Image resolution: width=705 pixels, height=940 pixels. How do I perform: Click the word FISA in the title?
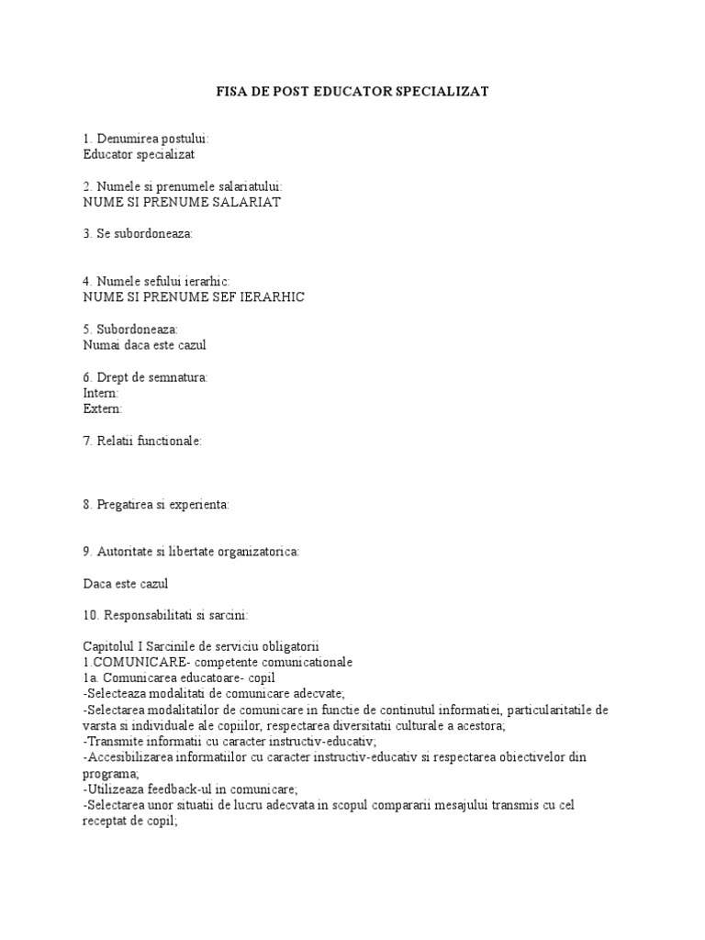click(x=231, y=92)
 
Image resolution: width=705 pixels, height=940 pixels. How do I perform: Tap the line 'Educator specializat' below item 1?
click(x=139, y=154)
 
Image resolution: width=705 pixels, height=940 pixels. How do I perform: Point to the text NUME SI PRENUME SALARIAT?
click(x=182, y=202)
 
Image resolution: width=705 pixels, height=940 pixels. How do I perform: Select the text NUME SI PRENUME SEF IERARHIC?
click(x=194, y=297)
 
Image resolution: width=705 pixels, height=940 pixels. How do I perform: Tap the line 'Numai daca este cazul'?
click(x=145, y=345)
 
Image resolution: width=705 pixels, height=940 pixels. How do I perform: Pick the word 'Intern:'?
click(x=101, y=393)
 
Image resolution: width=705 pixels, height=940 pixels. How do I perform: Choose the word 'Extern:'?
click(x=103, y=408)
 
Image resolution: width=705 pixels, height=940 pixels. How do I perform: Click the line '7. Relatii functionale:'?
click(x=142, y=441)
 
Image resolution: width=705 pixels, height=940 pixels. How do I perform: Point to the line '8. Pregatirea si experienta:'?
click(x=156, y=504)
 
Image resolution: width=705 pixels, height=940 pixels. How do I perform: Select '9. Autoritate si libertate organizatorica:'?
click(x=191, y=552)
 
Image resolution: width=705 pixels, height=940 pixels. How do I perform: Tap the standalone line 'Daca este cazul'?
click(x=126, y=584)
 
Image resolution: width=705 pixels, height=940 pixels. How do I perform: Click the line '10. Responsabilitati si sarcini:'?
click(x=165, y=615)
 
